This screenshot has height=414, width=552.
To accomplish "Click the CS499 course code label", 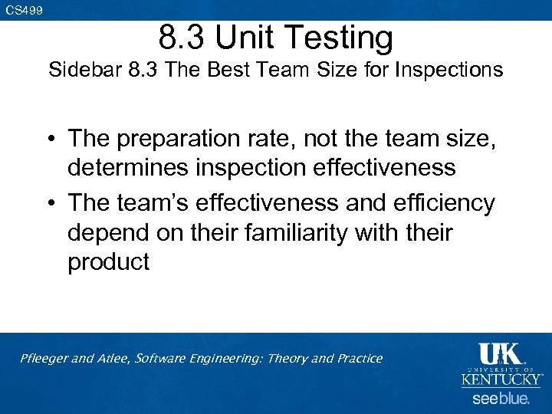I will coord(24,10).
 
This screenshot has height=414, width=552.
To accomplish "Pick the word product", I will coord(108,262).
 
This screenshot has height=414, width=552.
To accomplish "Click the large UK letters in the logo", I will coord(501,354).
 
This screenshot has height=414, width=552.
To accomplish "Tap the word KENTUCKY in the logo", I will coord(501,379).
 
